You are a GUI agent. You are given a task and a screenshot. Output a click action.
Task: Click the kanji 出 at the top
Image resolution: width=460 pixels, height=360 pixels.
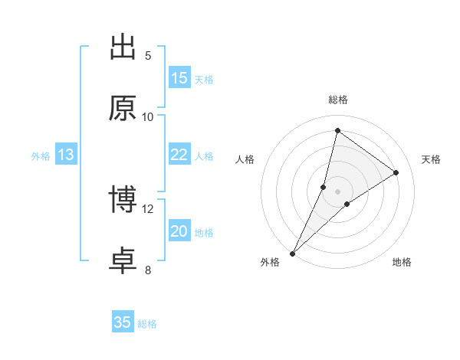point(123,47)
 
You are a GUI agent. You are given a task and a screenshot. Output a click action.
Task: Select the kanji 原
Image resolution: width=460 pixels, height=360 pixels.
point(123,109)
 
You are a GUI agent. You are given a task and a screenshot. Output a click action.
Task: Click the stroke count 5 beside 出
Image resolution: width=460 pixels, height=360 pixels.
point(148,55)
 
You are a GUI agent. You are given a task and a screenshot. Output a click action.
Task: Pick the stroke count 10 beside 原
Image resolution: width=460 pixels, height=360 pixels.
point(148,116)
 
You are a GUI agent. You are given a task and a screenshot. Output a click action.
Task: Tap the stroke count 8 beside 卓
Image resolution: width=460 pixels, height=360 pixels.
point(148,270)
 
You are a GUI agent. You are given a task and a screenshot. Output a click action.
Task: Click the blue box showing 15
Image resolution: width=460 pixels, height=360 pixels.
point(179,78)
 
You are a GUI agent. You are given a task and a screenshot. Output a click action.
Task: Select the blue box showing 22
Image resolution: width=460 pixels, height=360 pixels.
point(179,155)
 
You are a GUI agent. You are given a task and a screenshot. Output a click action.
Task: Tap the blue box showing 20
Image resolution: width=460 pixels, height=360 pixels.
point(179,231)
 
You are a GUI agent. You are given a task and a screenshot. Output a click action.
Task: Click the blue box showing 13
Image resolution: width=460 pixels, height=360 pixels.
point(66,155)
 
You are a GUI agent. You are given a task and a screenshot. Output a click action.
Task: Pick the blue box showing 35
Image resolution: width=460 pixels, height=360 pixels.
point(123,322)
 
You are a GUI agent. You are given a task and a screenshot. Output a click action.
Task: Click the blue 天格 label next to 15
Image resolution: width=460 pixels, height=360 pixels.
point(204,79)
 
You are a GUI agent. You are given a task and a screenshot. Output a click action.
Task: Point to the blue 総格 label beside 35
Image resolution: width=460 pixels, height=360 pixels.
point(147,324)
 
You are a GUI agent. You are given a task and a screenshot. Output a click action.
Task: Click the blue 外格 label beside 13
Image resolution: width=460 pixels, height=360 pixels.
point(41,156)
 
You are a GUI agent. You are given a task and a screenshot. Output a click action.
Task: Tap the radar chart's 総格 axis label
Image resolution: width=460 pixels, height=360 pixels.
point(338,100)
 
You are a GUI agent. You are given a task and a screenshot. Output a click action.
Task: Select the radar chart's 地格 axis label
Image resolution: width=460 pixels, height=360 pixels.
point(402,262)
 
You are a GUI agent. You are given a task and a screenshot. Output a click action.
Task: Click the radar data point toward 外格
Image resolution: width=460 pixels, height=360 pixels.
point(293,253)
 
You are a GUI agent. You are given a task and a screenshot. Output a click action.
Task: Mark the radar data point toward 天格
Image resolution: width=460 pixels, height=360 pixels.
point(396,172)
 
